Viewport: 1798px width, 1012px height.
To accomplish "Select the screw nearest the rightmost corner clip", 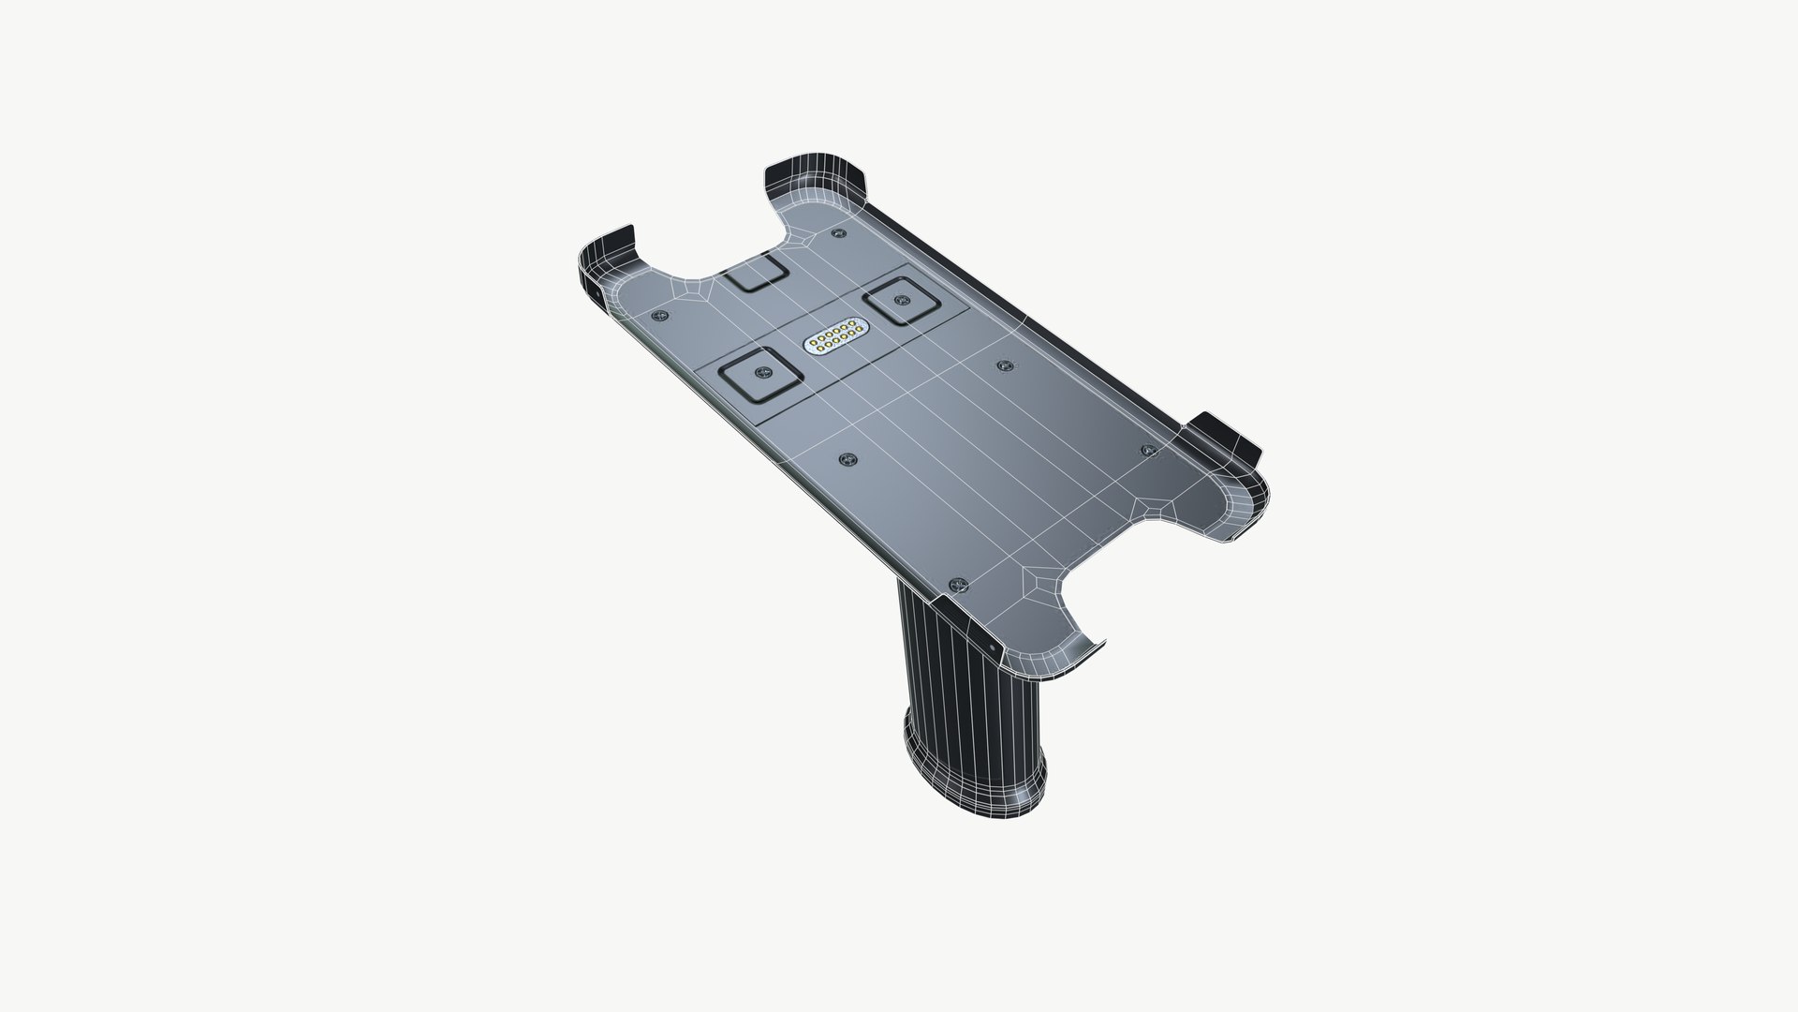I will tap(1151, 451).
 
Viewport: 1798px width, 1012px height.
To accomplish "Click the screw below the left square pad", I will tap(848, 458).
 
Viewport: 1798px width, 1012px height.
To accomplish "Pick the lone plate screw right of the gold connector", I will tap(1004, 365).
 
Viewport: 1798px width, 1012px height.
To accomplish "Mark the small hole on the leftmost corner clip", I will tap(597, 293).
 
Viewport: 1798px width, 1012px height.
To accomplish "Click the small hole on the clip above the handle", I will tap(991, 647).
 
